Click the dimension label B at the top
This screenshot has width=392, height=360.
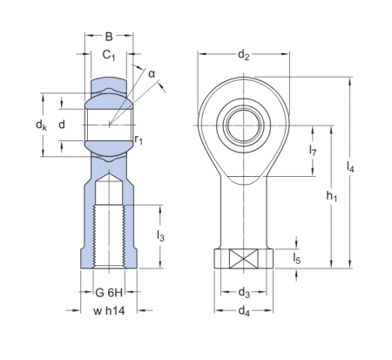(x=109, y=36)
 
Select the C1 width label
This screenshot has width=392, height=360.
(x=109, y=56)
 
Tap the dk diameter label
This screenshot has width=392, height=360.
(x=41, y=126)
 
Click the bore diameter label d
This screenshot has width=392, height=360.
(x=61, y=126)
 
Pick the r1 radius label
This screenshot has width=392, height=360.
(x=139, y=139)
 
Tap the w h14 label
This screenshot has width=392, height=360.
(x=110, y=311)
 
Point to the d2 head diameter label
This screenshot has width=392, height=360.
(x=244, y=57)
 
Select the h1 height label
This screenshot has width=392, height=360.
(x=332, y=197)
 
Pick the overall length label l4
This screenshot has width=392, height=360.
(x=350, y=167)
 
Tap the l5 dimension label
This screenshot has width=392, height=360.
(x=297, y=259)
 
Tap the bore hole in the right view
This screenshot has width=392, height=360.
(x=244, y=125)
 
